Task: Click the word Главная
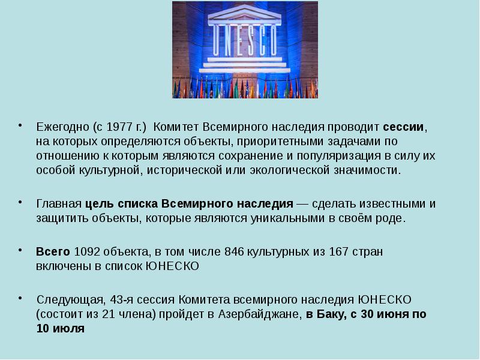click(59, 203)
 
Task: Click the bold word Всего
click(53, 251)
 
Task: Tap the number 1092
click(87, 251)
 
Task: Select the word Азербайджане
click(260, 314)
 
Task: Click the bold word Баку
click(331, 314)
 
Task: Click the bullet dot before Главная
click(20, 201)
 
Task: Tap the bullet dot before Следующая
click(20, 296)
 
